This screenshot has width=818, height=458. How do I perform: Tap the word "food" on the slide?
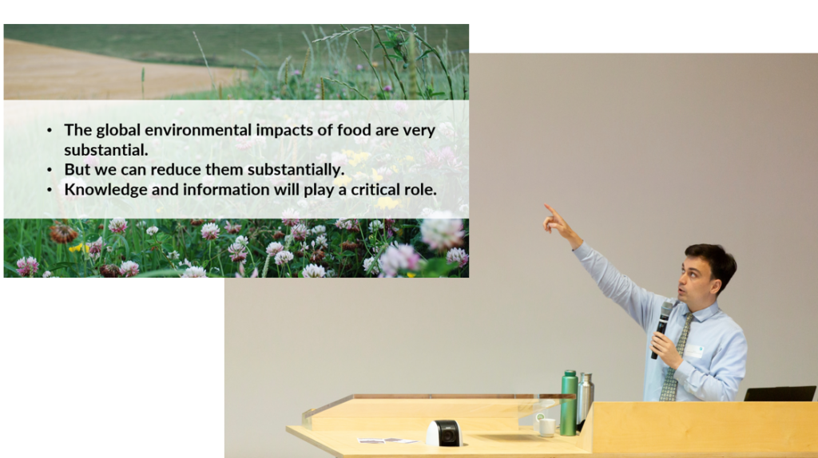(x=354, y=130)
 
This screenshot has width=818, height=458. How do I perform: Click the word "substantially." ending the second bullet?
(x=296, y=171)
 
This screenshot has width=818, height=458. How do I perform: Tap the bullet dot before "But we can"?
(x=50, y=170)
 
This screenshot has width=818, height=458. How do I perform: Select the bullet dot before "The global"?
(x=50, y=130)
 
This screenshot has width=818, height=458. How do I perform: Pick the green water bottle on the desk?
(x=569, y=403)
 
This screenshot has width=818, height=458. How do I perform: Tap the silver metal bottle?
(x=585, y=399)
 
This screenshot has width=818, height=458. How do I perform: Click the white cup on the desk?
(x=546, y=427)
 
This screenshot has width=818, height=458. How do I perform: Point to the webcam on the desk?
(x=444, y=433)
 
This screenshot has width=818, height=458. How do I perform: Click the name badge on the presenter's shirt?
(x=693, y=350)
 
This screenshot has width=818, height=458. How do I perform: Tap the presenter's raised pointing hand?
(x=555, y=221)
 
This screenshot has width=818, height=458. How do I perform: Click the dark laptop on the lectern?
(x=780, y=394)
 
